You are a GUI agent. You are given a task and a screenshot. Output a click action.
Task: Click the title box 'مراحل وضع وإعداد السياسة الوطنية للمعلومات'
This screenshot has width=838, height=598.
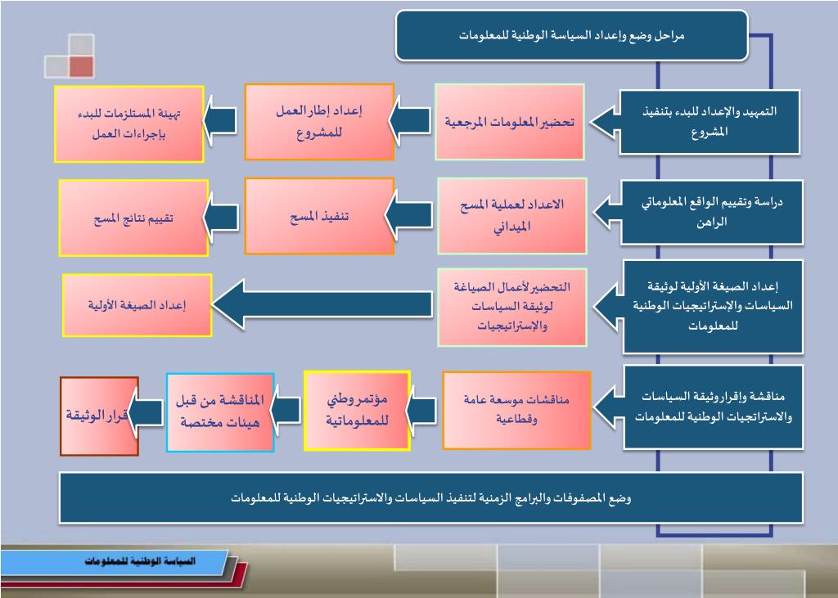571,35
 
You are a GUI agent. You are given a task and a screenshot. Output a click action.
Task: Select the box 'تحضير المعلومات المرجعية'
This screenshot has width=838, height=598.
509,122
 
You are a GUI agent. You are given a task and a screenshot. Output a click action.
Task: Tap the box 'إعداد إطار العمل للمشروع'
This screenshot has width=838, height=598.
319,122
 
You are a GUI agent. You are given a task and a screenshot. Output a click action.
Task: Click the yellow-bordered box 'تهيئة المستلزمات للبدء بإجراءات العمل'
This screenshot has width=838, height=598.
129,124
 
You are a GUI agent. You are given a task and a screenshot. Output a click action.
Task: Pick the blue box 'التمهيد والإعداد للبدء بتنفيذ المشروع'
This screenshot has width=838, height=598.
709,121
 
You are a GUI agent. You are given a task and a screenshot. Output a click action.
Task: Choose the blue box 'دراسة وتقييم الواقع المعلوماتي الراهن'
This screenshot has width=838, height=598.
709,212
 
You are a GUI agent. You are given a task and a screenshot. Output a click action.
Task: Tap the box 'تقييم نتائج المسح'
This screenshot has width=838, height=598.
133,218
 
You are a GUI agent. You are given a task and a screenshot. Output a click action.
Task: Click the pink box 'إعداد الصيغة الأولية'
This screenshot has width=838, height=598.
137,305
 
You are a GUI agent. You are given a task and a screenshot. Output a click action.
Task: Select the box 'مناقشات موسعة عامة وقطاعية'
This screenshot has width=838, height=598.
516,410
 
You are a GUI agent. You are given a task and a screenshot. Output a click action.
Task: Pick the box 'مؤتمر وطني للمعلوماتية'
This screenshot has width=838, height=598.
357,410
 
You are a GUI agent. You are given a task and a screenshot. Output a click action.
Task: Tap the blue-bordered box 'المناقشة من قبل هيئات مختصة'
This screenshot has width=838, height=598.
220,411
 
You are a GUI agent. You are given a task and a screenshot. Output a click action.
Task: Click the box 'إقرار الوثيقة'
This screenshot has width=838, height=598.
99,416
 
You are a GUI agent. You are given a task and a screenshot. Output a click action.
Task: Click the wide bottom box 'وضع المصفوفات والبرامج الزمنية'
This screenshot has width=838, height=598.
430,497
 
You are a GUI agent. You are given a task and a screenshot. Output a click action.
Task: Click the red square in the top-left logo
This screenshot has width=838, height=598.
81,67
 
